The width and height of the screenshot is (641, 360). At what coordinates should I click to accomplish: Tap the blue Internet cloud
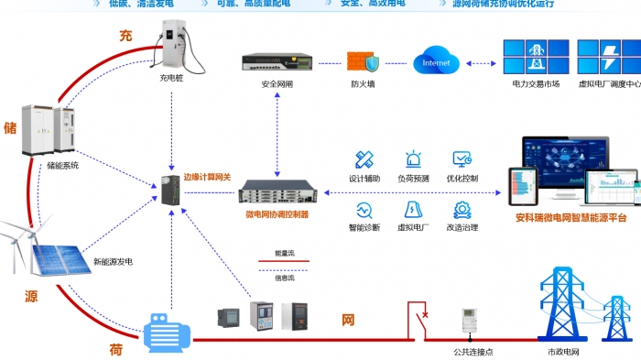(436, 63)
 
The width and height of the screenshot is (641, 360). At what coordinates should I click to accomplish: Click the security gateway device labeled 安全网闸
(277, 62)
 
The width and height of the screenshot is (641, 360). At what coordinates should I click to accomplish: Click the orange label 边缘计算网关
(208, 177)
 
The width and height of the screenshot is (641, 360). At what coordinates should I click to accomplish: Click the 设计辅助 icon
(364, 159)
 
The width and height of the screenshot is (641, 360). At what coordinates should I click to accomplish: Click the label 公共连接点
(472, 352)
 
